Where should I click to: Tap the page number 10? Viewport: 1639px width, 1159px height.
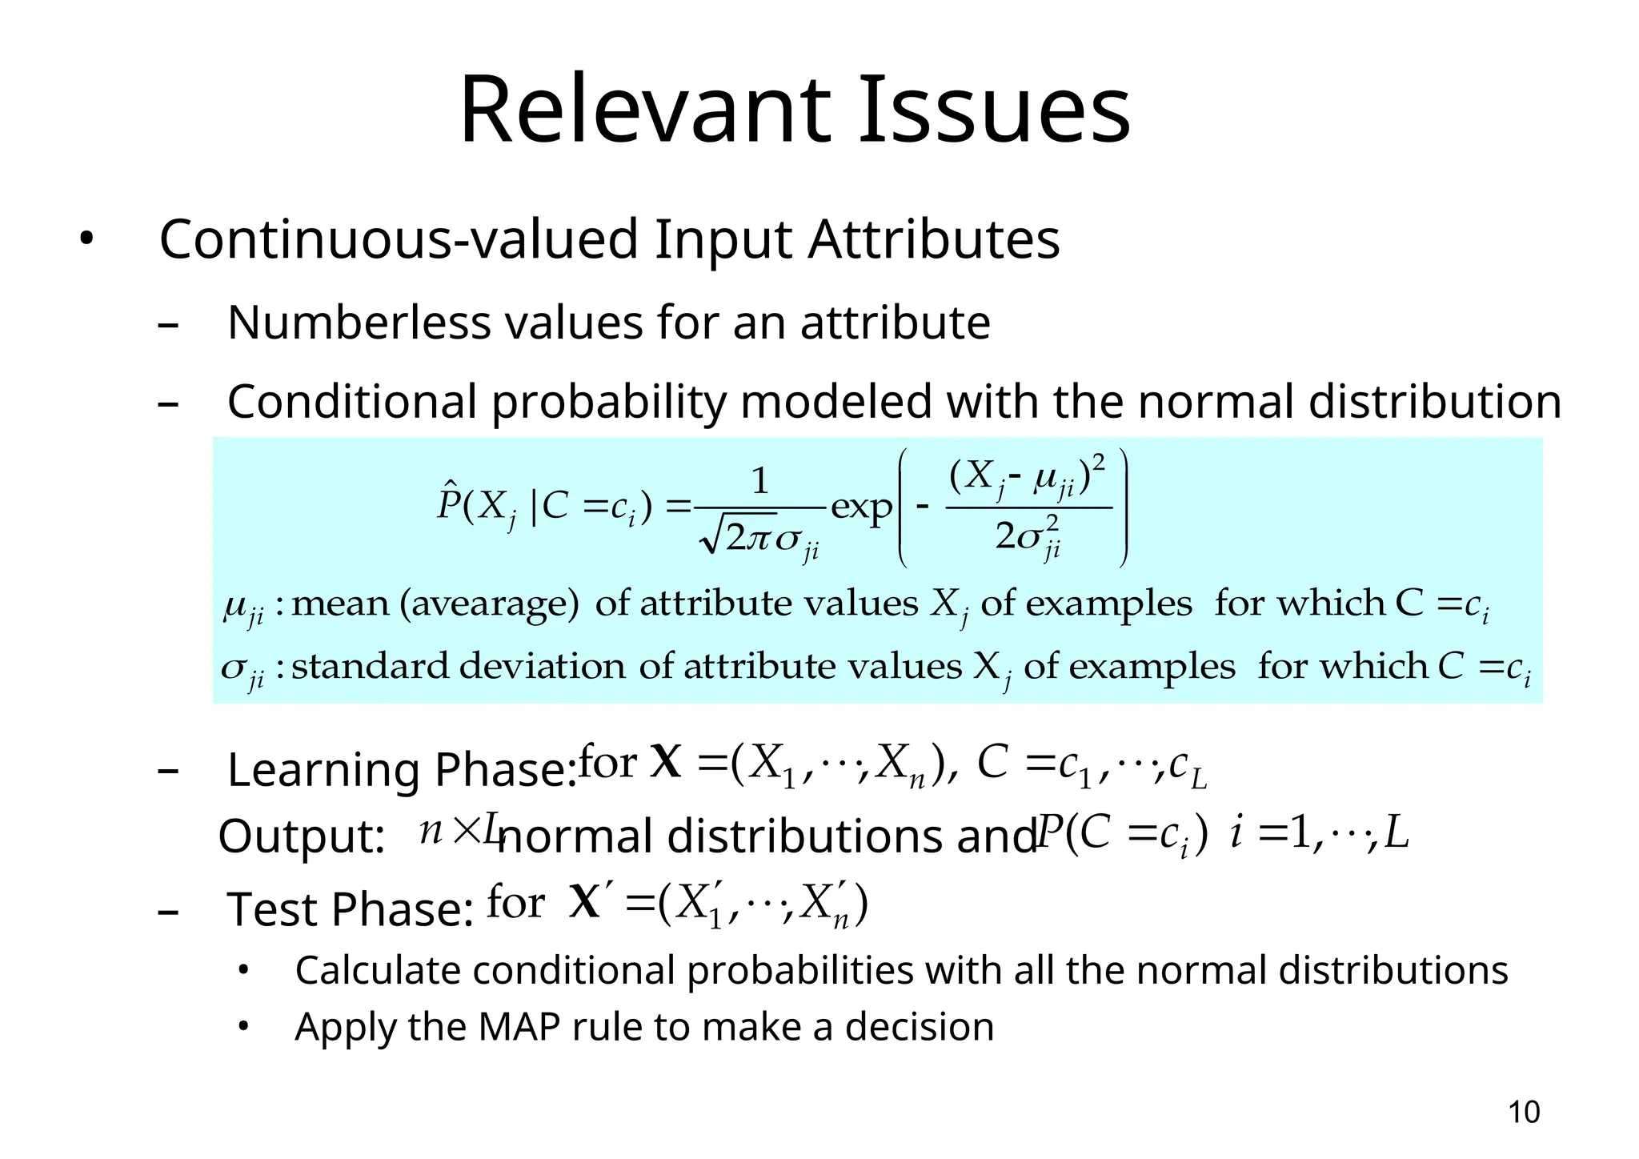click(1523, 1113)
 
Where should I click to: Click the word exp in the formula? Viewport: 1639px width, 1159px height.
click(861, 508)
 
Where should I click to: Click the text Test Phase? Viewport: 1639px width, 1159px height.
click(351, 910)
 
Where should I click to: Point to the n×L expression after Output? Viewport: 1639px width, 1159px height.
click(459, 829)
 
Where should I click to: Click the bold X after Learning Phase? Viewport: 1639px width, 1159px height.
click(666, 762)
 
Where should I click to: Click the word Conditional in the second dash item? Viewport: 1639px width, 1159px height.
click(352, 401)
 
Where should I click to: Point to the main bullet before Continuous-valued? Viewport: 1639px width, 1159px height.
click(86, 239)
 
